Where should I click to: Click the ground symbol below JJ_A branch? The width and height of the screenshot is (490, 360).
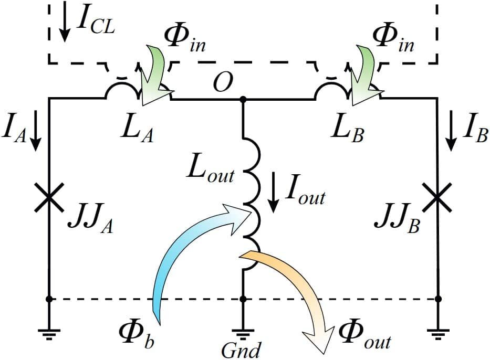point(49,332)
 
